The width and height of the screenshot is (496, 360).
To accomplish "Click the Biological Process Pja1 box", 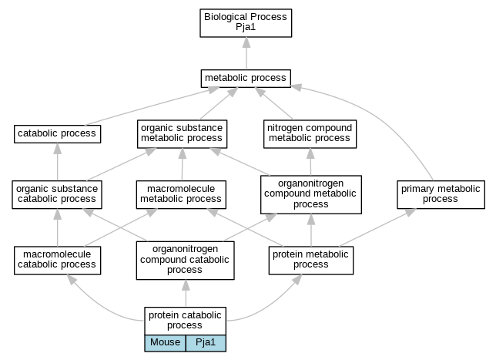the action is pyautogui.click(x=246, y=23).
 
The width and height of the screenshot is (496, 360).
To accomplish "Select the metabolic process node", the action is pyautogui.click(x=246, y=78).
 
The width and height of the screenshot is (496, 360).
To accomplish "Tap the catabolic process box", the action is pyautogui.click(x=57, y=134).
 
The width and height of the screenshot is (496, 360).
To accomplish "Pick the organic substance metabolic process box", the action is pyautogui.click(x=183, y=134).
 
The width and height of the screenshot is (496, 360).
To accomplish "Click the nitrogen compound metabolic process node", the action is pyautogui.click(x=310, y=134).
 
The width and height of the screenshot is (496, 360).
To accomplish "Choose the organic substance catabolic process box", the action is pyautogui.click(x=57, y=195).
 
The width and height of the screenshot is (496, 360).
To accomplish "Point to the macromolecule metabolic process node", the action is pyautogui.click(x=181, y=195).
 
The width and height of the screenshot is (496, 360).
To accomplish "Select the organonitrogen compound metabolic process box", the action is pyautogui.click(x=311, y=195).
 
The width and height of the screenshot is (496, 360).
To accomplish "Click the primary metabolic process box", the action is pyautogui.click(x=441, y=195).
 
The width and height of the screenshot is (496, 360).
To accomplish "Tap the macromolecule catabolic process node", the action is pyautogui.click(x=57, y=261).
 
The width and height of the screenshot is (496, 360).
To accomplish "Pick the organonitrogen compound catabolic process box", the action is pyautogui.click(x=186, y=261).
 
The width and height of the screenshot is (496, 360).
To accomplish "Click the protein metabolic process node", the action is pyautogui.click(x=311, y=261).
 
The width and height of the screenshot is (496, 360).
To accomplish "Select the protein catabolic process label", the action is pyautogui.click(x=186, y=321).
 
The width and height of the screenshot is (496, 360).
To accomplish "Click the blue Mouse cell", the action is pyautogui.click(x=165, y=343).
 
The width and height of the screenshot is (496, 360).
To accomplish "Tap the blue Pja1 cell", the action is pyautogui.click(x=206, y=343).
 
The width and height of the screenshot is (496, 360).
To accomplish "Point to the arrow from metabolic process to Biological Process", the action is pyautogui.click(x=246, y=53).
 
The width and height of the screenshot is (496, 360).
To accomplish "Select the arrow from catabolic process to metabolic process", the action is pyautogui.click(x=152, y=106).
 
